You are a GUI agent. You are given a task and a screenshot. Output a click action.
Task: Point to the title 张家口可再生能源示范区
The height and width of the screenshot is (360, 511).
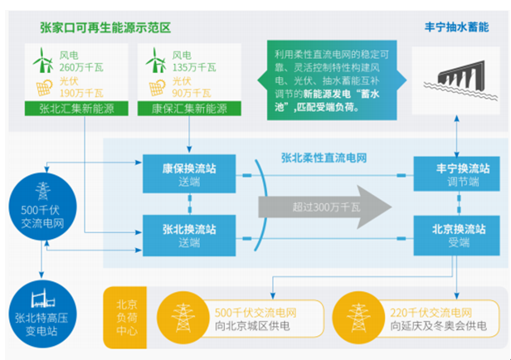point(105,28)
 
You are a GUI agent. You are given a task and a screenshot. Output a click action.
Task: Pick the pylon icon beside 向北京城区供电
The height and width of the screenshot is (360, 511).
point(184,317)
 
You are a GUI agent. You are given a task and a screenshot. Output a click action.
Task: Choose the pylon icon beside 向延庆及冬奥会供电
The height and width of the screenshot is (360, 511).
point(358,317)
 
